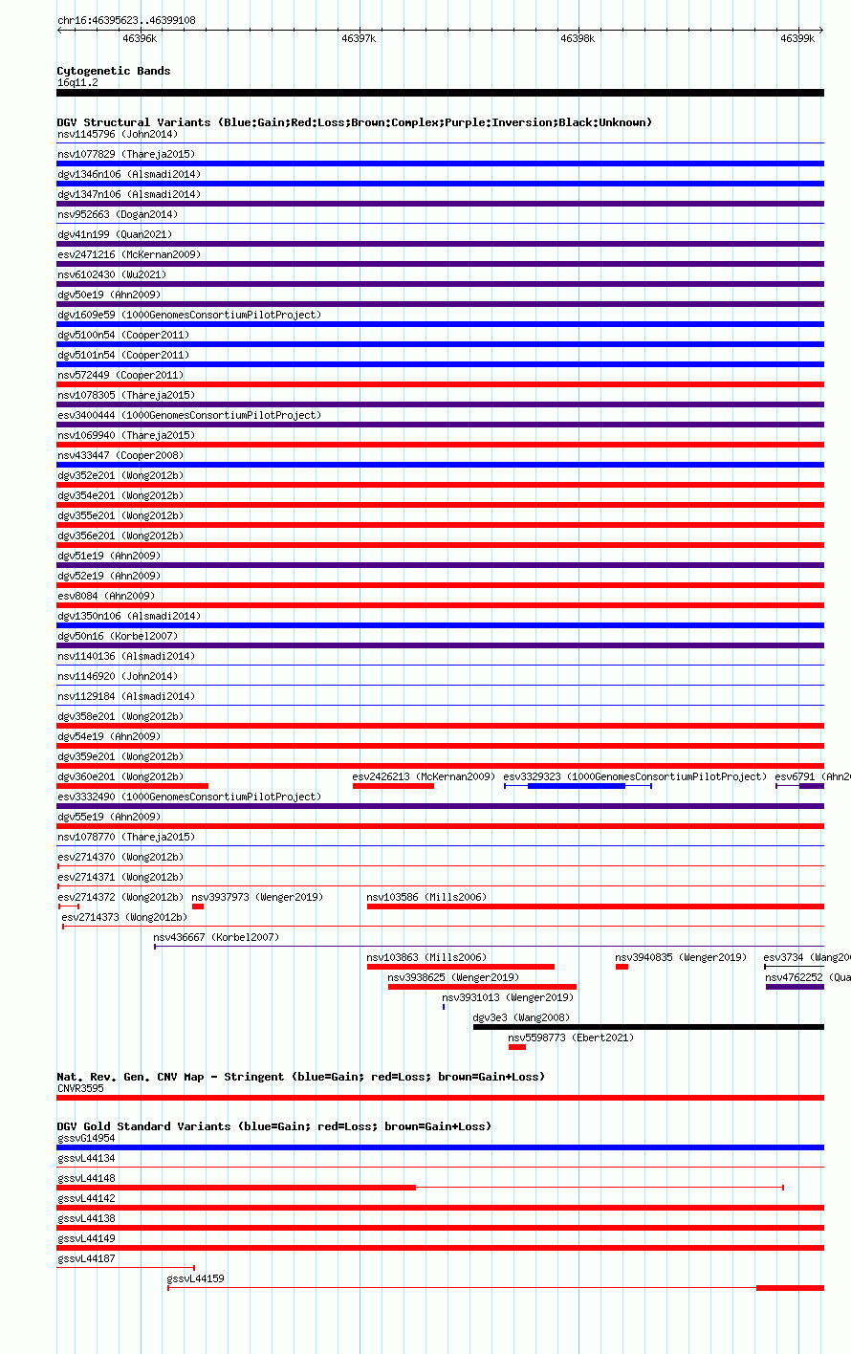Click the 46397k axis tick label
click(359, 38)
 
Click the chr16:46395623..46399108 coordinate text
click(126, 20)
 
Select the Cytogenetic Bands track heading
click(114, 71)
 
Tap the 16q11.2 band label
click(77, 83)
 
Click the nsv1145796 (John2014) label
click(118, 134)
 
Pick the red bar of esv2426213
click(393, 786)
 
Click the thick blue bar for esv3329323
click(577, 786)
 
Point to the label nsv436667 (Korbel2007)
click(216, 937)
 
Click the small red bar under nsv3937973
click(198, 906)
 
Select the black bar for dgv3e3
click(648, 1027)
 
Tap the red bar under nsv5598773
click(517, 1048)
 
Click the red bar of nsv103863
click(461, 967)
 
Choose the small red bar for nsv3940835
click(622, 967)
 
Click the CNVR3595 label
click(80, 1088)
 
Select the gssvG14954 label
click(86, 1138)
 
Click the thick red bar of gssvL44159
click(791, 1288)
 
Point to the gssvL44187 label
click(86, 1258)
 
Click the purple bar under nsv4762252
click(795, 987)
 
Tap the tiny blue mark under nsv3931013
click(444, 1007)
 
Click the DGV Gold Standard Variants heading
click(273, 1126)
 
